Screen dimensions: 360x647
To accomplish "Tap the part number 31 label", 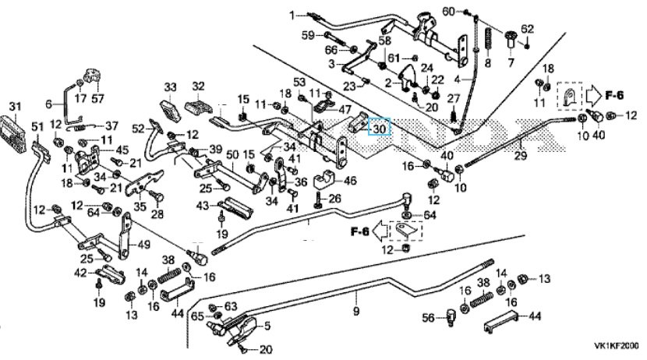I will coord(13,107).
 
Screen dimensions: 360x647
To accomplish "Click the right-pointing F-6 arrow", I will coord(600,95).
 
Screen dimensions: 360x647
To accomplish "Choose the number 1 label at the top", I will coord(293,16).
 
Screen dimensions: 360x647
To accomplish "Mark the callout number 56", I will coord(427,319).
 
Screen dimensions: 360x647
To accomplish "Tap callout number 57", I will coord(97,99).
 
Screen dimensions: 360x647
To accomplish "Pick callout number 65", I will coord(198,316).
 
